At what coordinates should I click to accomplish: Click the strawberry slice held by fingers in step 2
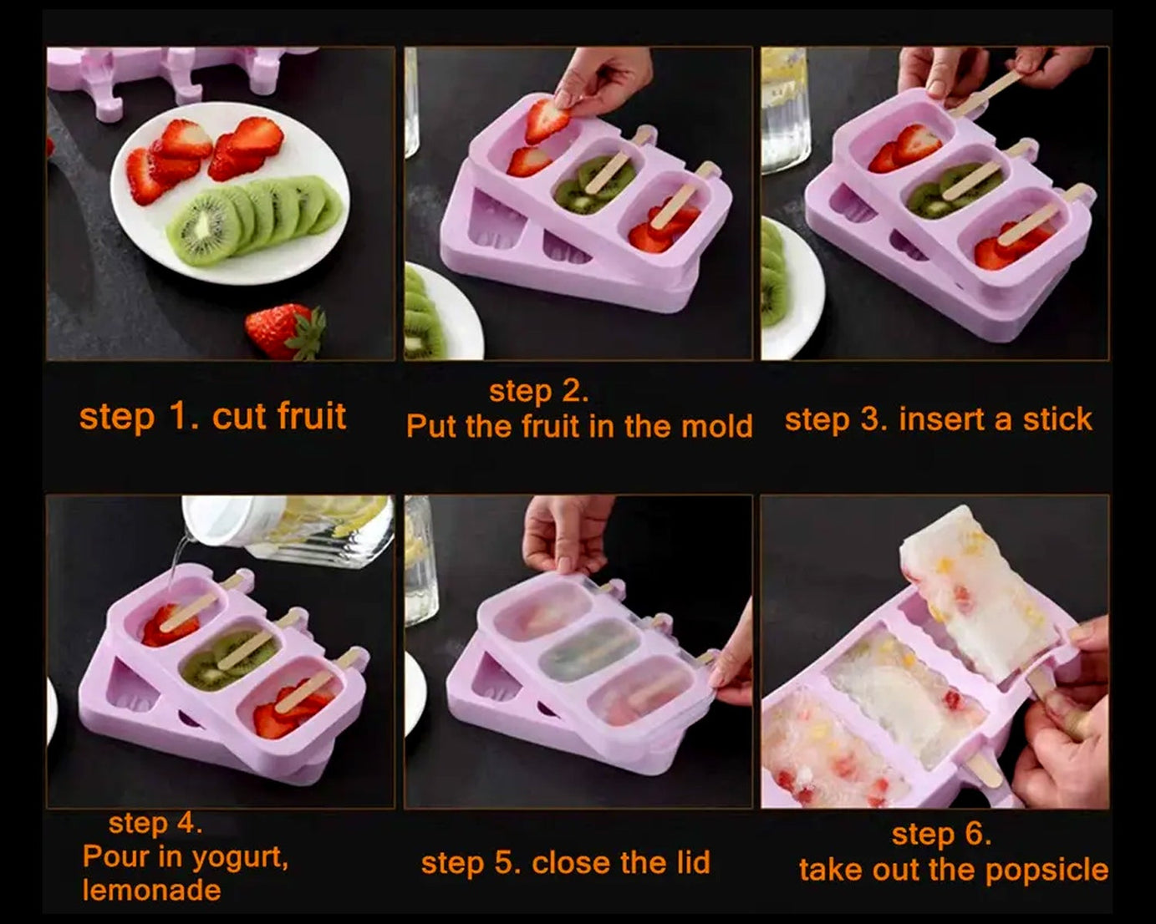(x=547, y=119)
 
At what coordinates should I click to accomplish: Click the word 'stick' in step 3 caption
(x=1057, y=419)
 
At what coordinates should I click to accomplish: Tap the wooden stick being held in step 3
(x=986, y=93)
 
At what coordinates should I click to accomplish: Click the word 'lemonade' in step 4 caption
(x=151, y=890)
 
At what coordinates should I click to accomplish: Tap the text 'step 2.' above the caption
(x=539, y=391)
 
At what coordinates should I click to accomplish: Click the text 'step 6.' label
(x=941, y=834)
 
